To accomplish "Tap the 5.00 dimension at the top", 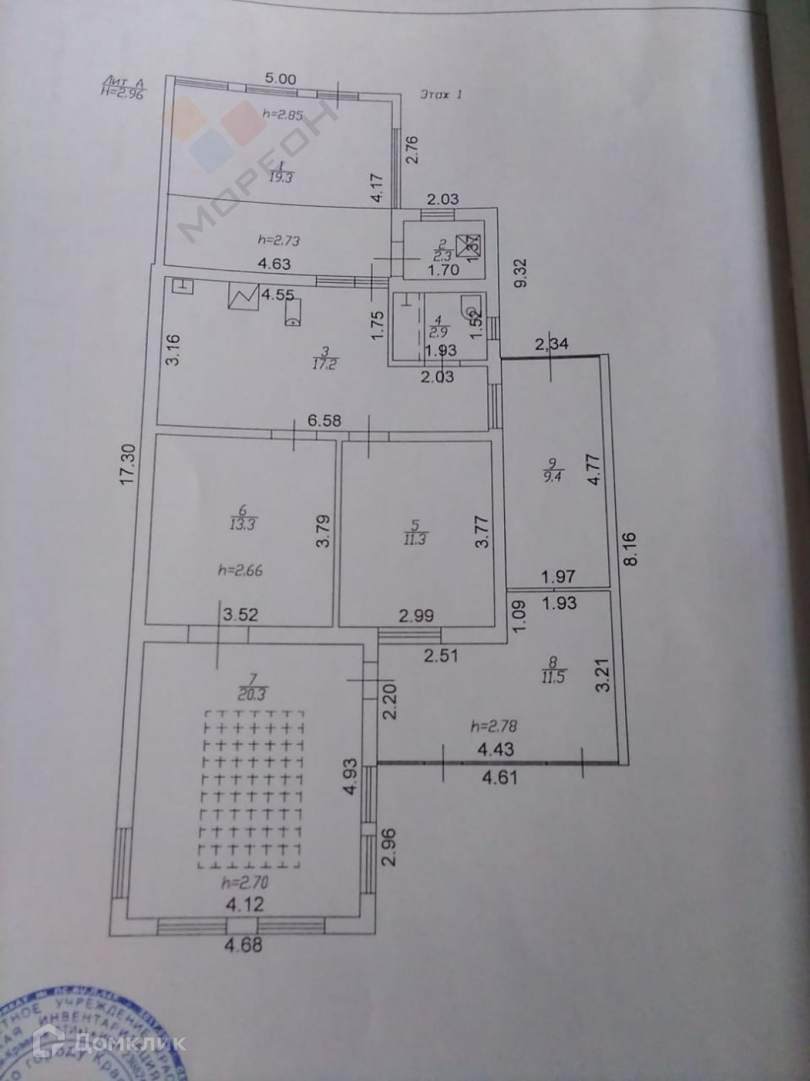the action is click(280, 79).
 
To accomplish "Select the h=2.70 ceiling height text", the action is click(241, 882).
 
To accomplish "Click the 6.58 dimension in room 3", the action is click(324, 421).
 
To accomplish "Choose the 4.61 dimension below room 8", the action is click(500, 776).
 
